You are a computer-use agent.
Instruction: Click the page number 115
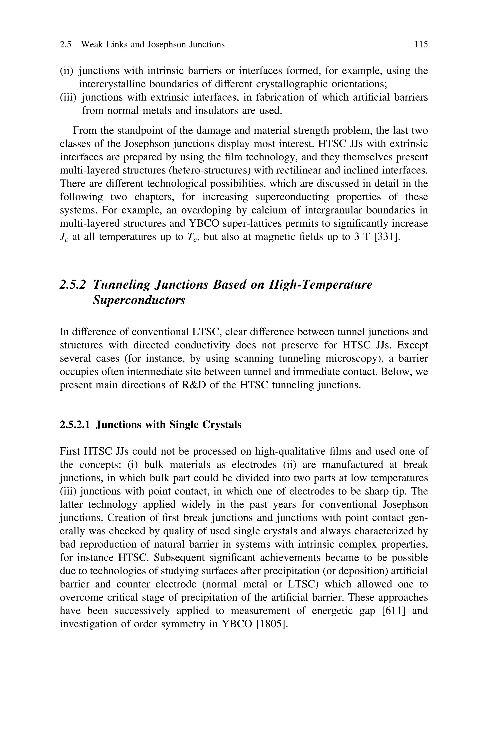point(421,45)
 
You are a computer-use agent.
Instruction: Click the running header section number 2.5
point(65,45)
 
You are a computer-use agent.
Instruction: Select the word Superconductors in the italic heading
point(139,300)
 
